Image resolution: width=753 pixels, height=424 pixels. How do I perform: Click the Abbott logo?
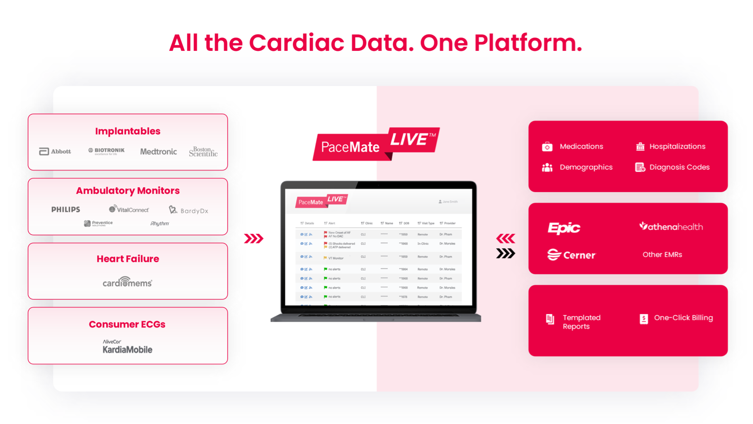point(55,151)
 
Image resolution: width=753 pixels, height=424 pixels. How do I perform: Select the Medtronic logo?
point(158,152)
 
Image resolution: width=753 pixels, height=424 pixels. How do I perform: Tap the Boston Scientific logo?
point(203,152)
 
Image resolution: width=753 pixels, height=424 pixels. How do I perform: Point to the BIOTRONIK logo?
point(106,151)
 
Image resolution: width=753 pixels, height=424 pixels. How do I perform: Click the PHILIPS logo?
point(66,210)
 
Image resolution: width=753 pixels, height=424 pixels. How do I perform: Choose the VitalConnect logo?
point(129,209)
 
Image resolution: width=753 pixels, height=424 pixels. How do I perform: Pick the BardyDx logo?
point(188,210)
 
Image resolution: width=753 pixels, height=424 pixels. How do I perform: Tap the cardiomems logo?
point(127,282)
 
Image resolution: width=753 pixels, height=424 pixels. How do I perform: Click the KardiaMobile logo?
point(127,347)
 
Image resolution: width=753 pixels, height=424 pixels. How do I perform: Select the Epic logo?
point(564,228)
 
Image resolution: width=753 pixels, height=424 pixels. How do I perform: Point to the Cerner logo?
point(571,255)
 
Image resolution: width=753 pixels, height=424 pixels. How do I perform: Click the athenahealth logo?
point(671,226)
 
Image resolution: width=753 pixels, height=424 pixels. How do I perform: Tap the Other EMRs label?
point(662,254)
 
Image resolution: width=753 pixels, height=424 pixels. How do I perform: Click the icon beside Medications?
point(547,146)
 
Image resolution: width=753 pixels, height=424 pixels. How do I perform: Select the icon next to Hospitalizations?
point(640,146)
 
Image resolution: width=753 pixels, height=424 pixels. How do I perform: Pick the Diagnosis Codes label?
point(679,167)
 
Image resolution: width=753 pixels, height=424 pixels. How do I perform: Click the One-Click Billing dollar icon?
point(644,319)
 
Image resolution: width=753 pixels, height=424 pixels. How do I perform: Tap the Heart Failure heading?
point(128,259)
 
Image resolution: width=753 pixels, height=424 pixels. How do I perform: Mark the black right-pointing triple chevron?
point(505,254)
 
